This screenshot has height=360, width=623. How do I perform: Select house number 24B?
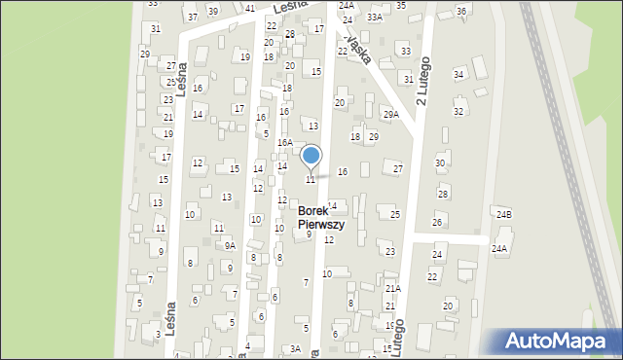(x=503, y=214)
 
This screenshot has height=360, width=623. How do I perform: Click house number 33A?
(x=376, y=18)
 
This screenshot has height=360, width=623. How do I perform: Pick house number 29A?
(x=390, y=115)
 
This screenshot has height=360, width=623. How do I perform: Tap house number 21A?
(x=392, y=288)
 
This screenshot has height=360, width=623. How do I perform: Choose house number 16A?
(x=284, y=142)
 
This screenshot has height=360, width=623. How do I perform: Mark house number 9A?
(x=230, y=245)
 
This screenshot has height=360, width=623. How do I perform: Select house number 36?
(x=460, y=11)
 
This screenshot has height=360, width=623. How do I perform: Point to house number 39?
(x=212, y=11)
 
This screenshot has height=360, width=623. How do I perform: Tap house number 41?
(x=250, y=8)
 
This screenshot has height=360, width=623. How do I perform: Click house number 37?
(x=193, y=17)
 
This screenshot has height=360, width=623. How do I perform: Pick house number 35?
(x=401, y=5)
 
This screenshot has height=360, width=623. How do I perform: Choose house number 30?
(x=440, y=162)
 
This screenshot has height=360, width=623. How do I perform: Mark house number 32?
(x=458, y=112)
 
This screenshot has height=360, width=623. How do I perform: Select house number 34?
(x=458, y=74)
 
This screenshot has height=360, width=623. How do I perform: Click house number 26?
(x=437, y=223)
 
